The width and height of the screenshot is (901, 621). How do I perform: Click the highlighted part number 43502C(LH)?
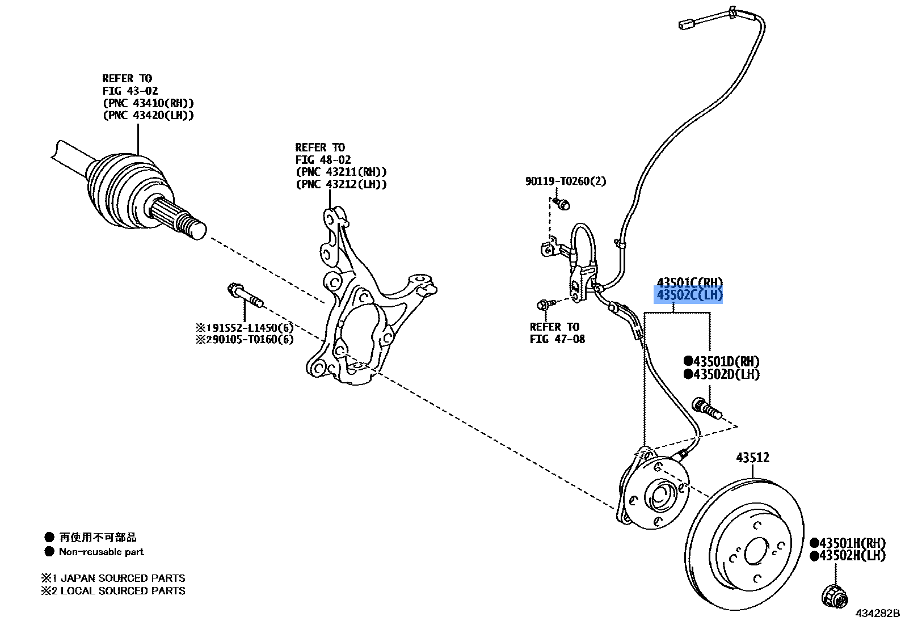(x=688, y=295)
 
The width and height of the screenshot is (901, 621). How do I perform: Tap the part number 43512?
(x=752, y=457)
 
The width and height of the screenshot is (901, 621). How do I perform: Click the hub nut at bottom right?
(x=835, y=597)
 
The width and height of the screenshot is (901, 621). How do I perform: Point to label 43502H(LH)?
(x=848, y=556)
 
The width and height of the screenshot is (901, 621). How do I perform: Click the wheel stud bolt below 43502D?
(x=707, y=408)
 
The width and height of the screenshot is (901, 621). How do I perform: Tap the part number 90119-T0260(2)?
(x=565, y=181)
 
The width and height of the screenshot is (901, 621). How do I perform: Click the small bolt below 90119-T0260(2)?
(x=562, y=203)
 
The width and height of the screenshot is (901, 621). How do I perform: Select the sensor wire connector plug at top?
(x=687, y=24)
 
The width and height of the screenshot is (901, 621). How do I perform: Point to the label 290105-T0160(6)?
(x=245, y=339)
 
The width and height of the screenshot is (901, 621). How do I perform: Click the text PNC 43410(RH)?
(x=148, y=103)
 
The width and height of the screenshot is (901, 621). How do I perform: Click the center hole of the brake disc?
(x=756, y=551)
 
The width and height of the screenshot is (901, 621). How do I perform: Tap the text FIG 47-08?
(x=557, y=339)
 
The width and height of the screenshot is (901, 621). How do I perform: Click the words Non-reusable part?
(x=101, y=551)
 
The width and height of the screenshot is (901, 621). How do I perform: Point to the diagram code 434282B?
(x=878, y=613)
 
